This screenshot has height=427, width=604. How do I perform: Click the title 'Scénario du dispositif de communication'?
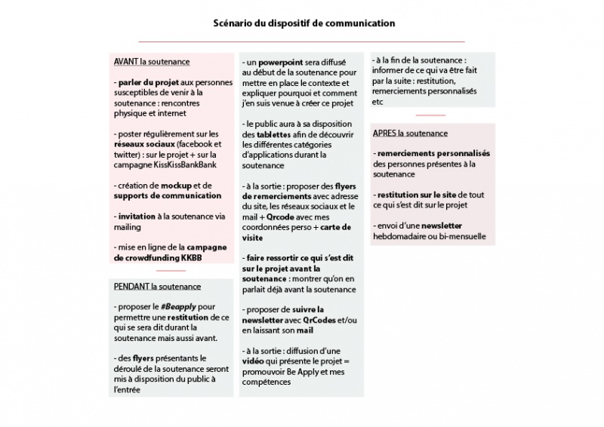302,23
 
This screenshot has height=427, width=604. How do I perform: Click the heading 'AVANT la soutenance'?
151,61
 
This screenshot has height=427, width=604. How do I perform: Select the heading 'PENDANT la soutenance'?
157,287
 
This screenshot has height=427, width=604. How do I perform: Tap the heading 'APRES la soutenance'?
410,134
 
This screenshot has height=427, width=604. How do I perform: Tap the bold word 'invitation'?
136,216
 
